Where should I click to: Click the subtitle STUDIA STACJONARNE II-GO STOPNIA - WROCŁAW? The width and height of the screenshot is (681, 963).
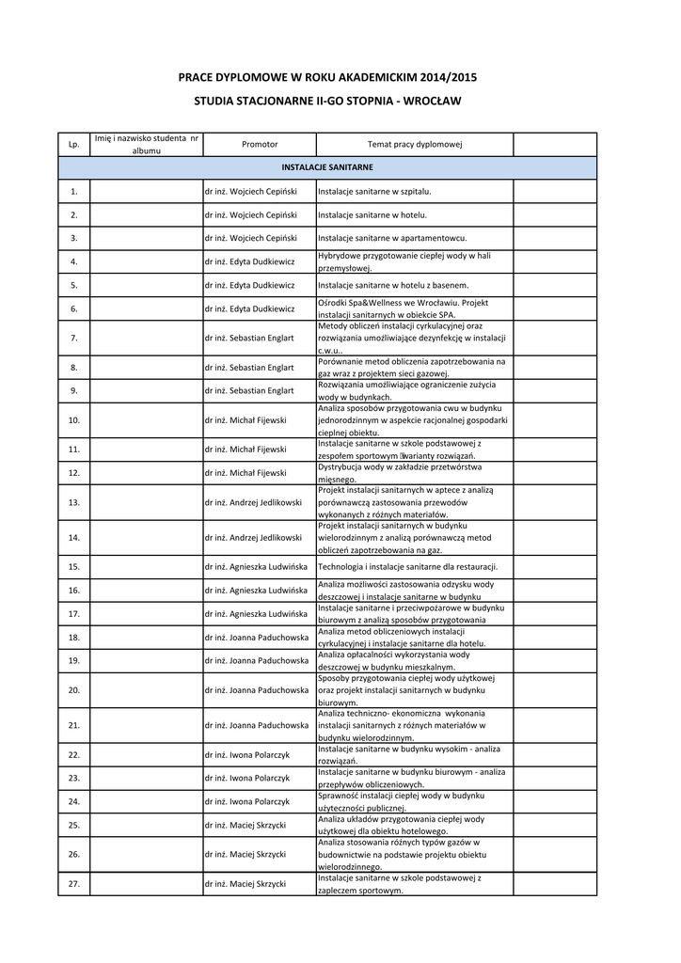[x=340, y=99]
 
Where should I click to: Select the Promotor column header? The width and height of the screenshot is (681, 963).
[x=259, y=144]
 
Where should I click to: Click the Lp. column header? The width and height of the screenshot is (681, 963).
[x=73, y=144]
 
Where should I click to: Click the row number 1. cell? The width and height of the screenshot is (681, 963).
[x=73, y=192]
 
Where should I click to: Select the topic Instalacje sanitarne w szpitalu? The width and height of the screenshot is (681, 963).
[x=374, y=192]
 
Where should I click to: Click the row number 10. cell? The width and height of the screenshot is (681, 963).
[x=73, y=419]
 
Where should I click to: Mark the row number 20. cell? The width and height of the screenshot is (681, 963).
[x=73, y=690]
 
